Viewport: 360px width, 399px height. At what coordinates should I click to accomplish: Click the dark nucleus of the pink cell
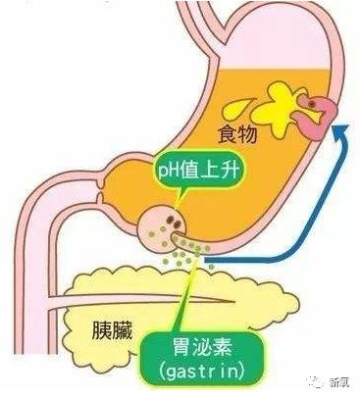coord(311,102)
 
